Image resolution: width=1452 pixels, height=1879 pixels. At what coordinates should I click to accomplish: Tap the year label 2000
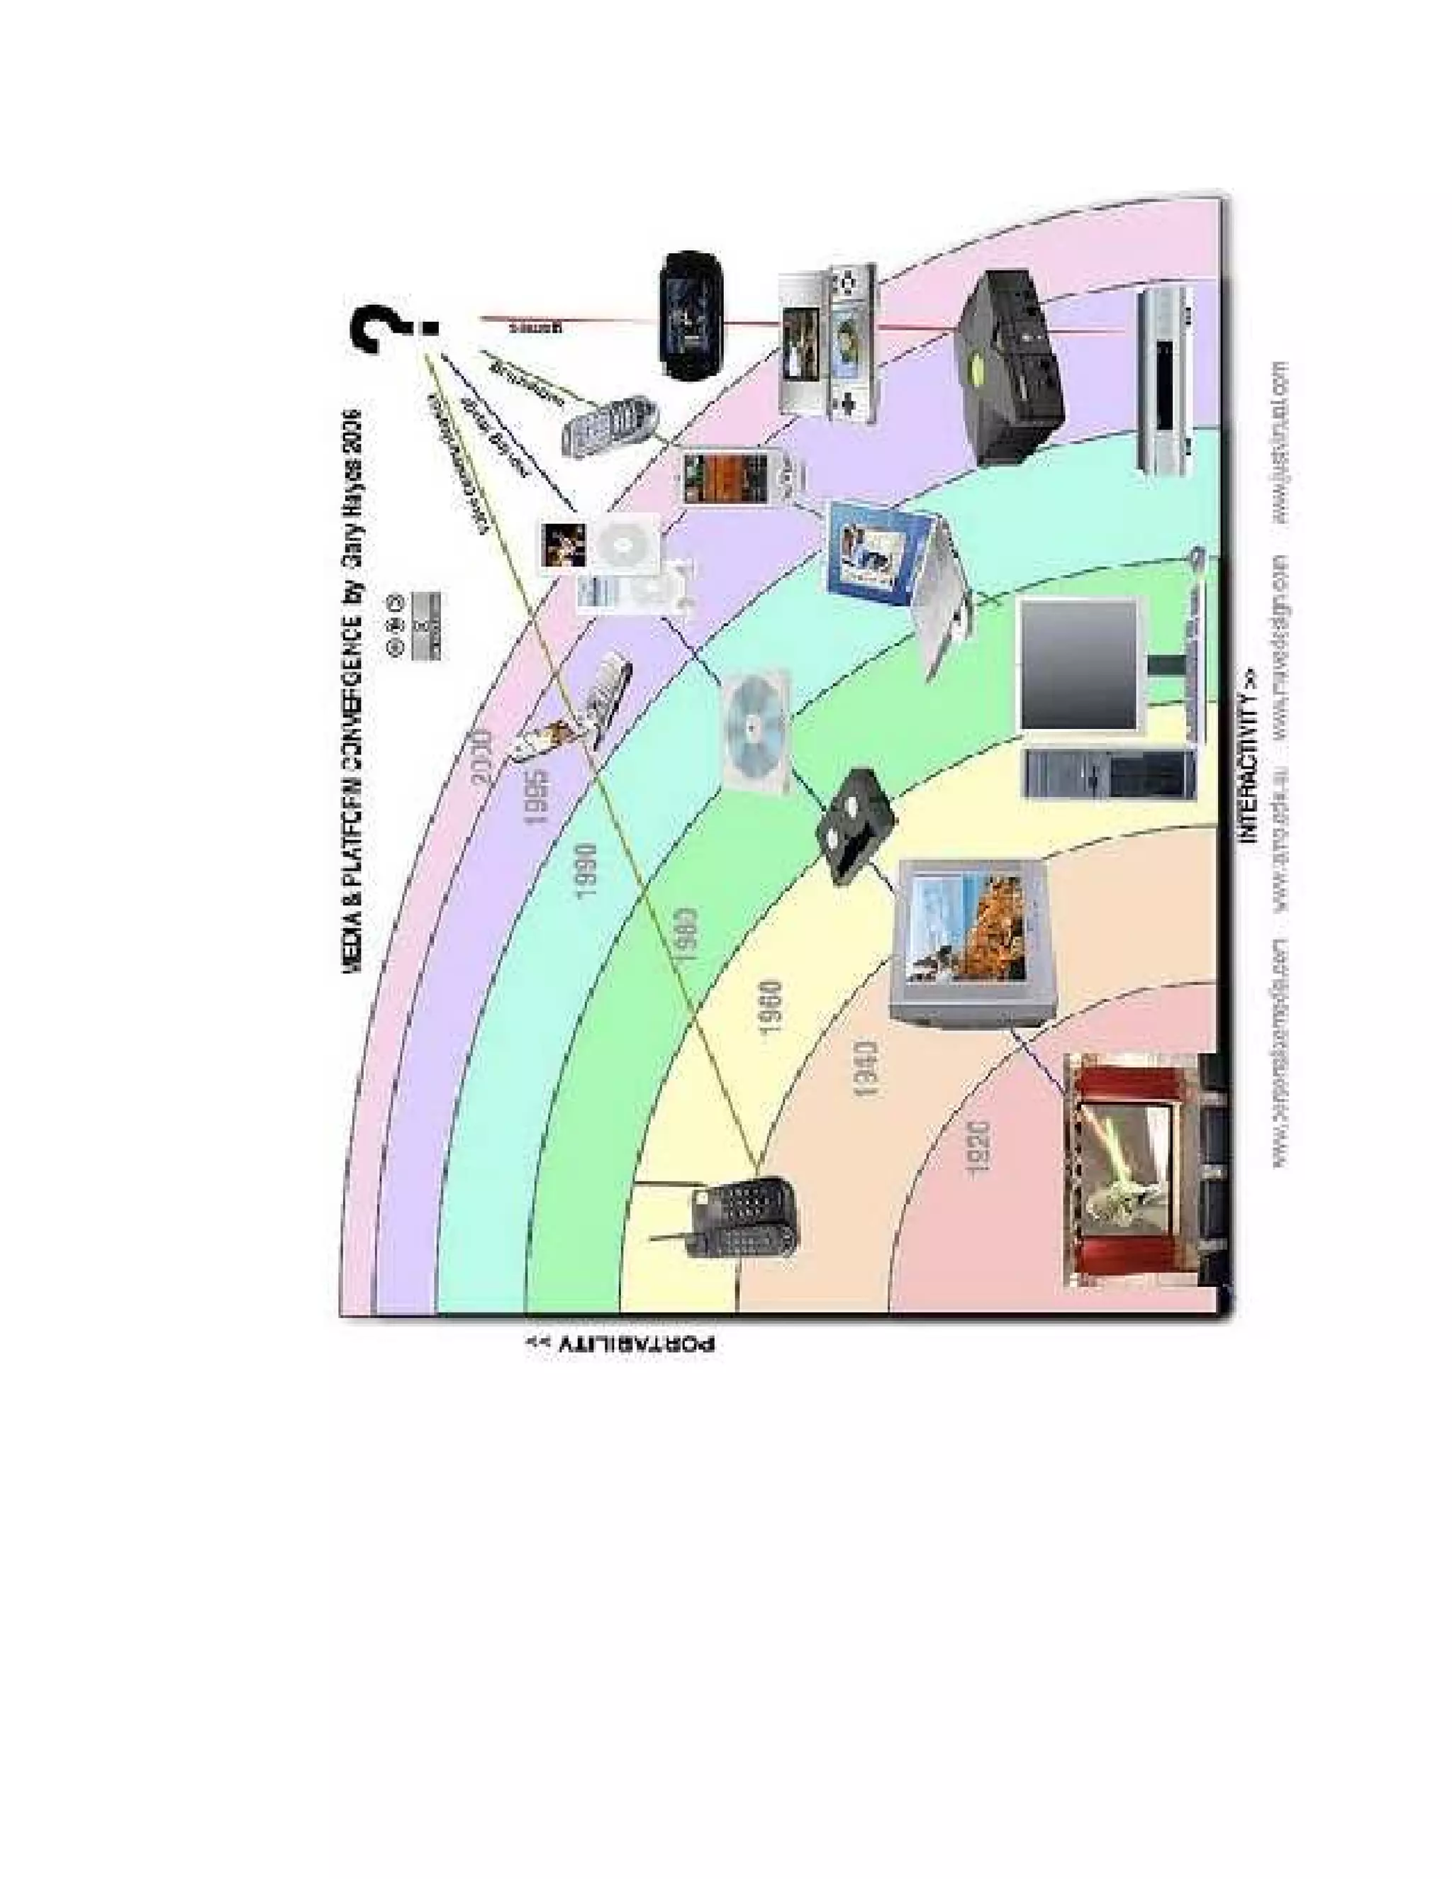[x=483, y=757]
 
